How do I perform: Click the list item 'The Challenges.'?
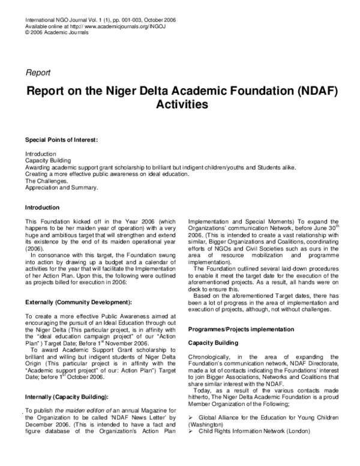(x=46, y=180)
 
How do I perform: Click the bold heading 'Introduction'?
(x=42, y=207)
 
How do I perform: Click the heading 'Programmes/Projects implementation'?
(x=241, y=330)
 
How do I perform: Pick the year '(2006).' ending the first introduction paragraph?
(x=35, y=247)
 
